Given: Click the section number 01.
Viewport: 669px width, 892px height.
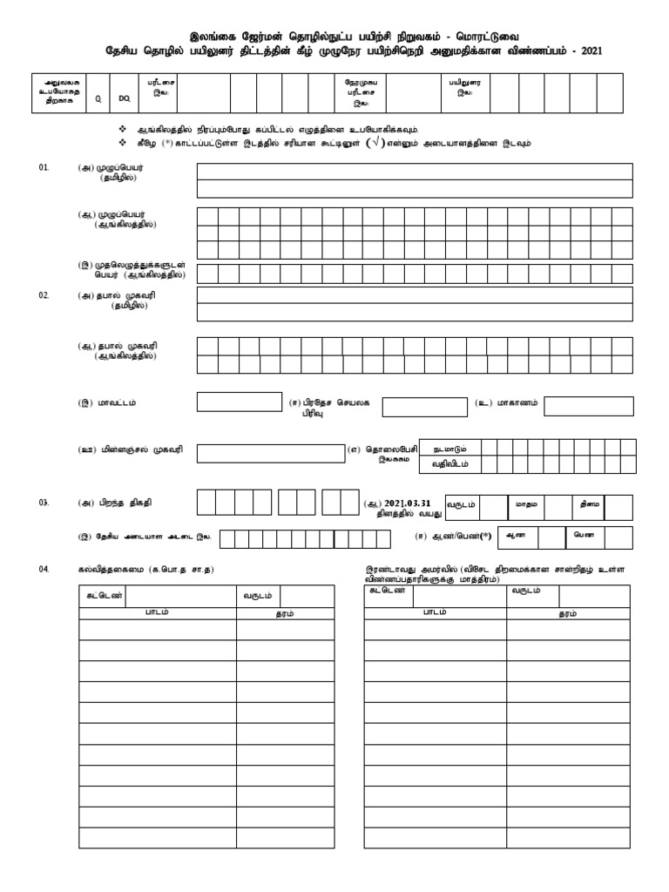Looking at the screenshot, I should point(44,166).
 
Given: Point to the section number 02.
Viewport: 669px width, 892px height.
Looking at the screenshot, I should point(44,296).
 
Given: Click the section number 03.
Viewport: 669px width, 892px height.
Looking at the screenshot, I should point(44,503).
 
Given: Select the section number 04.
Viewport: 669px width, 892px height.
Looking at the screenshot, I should point(44,569).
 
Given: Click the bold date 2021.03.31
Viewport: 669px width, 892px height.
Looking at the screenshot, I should point(408,503).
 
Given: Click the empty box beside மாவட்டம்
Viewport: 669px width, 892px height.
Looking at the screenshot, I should point(233,402).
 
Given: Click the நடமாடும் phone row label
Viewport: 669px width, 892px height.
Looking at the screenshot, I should point(449,448).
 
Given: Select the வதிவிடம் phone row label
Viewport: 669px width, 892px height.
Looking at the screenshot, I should point(449,464).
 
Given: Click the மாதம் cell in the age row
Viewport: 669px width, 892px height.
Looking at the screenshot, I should point(524,503).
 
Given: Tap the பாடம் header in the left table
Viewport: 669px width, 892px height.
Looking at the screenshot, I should point(157,612).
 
